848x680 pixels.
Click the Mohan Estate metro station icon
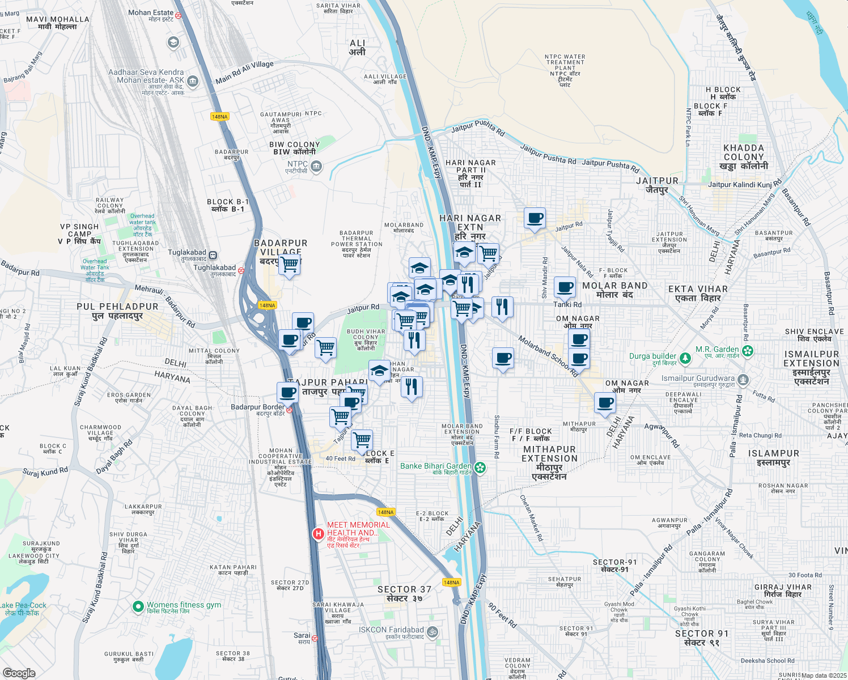[x=179, y=16]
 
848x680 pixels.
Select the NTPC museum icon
[x=316, y=167]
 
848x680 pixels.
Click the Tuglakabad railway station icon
[x=213, y=256]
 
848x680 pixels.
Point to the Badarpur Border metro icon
[x=290, y=410]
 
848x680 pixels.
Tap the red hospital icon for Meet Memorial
[x=319, y=533]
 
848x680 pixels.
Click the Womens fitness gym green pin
[x=138, y=607]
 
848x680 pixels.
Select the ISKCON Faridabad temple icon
[x=432, y=632]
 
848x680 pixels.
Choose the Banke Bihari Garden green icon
[x=480, y=467]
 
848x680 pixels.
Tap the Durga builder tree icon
[x=685, y=358]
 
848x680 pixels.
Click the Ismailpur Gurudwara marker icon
[x=743, y=380]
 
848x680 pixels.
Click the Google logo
[x=19, y=673]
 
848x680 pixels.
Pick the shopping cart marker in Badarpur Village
[x=290, y=264]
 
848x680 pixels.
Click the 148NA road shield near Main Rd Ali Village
[x=219, y=117]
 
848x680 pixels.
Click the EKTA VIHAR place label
[x=698, y=294]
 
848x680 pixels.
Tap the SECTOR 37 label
[x=404, y=593]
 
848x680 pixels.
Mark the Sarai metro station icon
[x=315, y=638]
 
